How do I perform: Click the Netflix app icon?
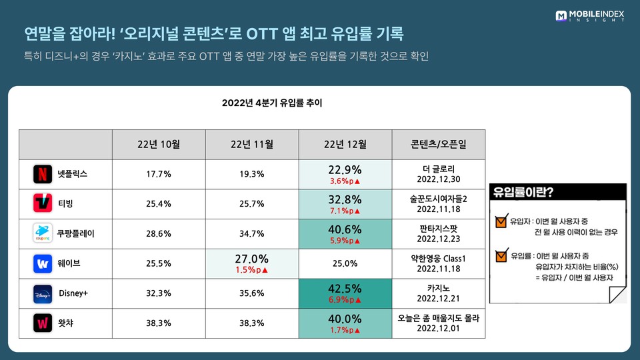click(42, 174)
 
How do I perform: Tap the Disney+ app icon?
click(42, 293)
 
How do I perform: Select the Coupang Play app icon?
click(42, 233)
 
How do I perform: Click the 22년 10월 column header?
click(159, 145)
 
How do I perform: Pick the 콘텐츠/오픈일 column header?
click(438, 145)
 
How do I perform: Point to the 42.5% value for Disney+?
click(345, 289)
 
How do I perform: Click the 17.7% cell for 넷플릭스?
click(159, 174)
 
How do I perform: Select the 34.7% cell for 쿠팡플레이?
click(252, 233)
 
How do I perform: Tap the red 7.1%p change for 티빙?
click(345, 211)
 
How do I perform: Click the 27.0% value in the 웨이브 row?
click(252, 259)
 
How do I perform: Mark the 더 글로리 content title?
click(438, 169)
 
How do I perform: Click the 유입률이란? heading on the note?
click(527, 193)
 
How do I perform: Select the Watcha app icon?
click(42, 323)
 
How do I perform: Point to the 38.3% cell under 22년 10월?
click(159, 323)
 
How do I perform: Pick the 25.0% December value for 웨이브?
click(345, 263)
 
